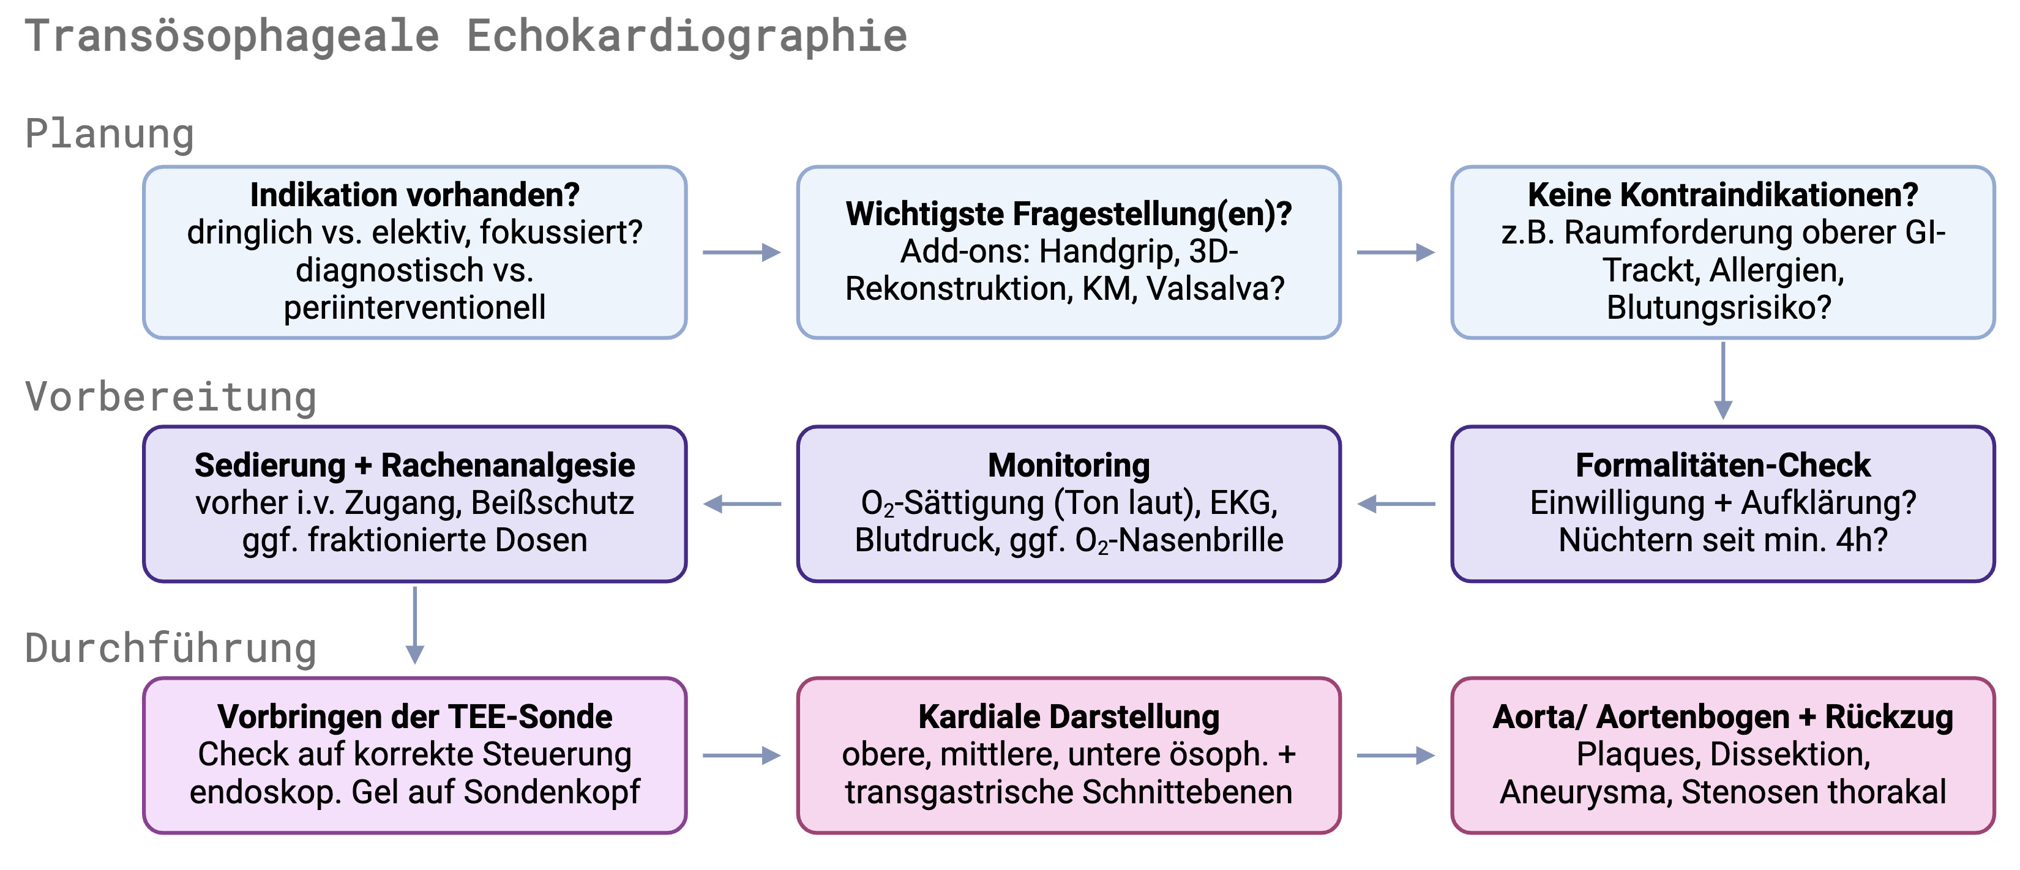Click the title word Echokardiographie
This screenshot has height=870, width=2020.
click(x=686, y=36)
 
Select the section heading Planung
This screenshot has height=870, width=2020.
click(x=110, y=133)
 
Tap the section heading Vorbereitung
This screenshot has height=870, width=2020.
click(x=171, y=396)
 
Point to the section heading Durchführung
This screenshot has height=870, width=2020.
click(x=171, y=648)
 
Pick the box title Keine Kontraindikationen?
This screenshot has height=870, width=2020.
click(x=1722, y=195)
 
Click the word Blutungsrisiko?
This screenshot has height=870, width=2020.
click(x=1718, y=307)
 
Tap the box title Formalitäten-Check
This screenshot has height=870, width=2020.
click(x=1722, y=465)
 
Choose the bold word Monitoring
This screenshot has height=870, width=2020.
click(x=1068, y=465)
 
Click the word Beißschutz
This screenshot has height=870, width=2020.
click(x=552, y=502)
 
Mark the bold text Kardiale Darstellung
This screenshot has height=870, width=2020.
click(x=1068, y=716)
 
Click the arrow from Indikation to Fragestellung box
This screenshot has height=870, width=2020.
click(x=741, y=253)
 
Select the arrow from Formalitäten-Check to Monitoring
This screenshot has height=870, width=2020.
click(x=1396, y=504)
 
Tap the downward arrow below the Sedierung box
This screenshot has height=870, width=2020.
click(x=415, y=625)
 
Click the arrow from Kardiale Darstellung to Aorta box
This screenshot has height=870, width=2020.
click(x=1395, y=756)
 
